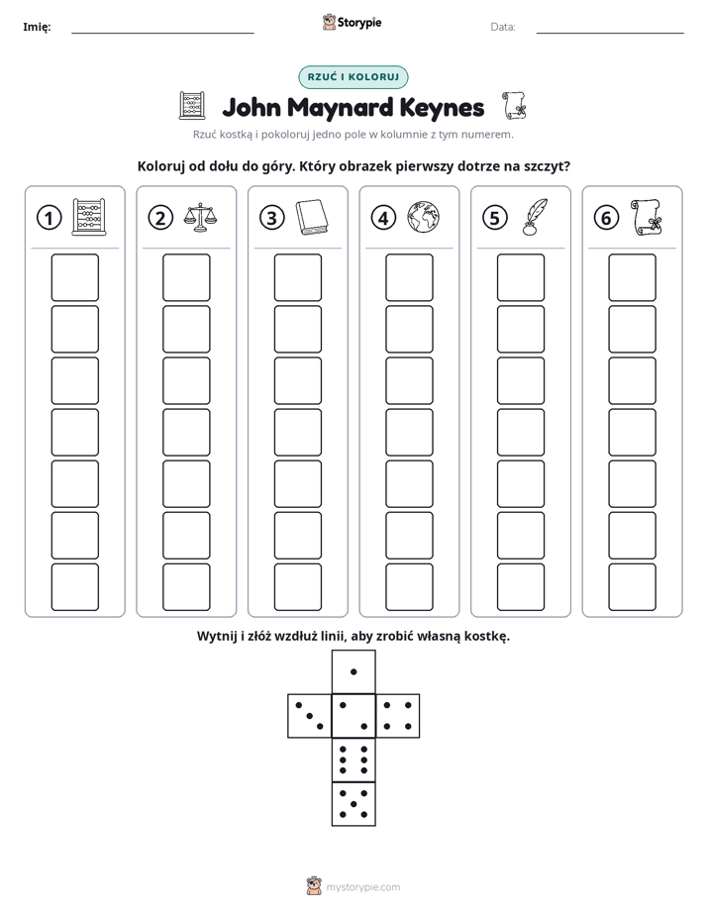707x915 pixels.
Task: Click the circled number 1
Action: point(49,218)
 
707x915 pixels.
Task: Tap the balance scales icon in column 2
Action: point(199,218)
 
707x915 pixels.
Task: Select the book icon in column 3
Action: point(312,218)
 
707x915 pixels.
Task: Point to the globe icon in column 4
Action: point(423,218)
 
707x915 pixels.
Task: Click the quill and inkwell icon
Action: point(535,217)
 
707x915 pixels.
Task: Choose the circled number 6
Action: point(606,218)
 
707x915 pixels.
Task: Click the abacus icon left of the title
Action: point(192,106)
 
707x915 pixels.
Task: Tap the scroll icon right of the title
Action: point(514,106)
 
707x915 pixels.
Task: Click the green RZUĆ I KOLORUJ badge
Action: point(353,77)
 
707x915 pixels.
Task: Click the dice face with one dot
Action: point(353,671)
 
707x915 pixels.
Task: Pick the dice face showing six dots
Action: point(353,760)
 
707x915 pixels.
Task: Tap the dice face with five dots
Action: point(353,803)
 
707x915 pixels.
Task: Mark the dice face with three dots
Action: point(310,715)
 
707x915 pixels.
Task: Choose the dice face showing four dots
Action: point(398,715)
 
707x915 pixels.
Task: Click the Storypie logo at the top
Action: point(352,22)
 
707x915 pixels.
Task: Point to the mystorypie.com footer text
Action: point(362,887)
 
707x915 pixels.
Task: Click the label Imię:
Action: point(37,27)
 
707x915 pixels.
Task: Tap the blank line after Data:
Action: point(610,33)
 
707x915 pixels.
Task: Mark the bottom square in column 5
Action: point(521,587)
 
